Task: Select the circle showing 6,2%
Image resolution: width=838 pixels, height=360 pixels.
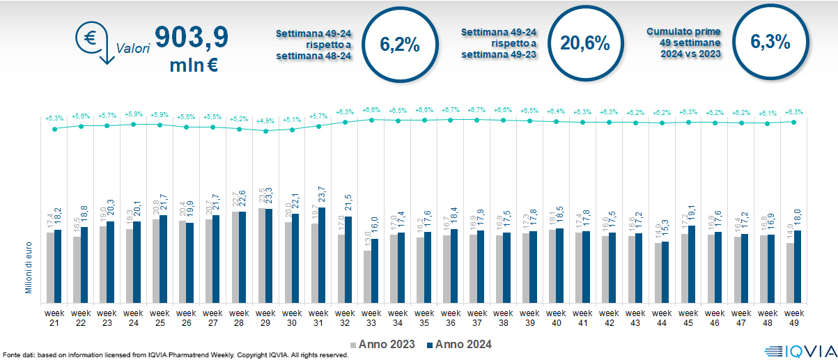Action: [399, 44]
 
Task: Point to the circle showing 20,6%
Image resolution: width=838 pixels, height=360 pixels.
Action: [585, 44]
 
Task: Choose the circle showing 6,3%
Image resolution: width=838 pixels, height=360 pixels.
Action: [770, 42]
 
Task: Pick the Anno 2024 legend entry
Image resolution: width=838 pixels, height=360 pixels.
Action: [460, 344]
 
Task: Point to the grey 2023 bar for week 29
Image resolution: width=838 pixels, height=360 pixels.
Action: [262, 253]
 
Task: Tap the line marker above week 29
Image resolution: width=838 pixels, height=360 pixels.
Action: [265, 130]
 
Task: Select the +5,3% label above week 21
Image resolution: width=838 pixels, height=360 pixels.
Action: [54, 117]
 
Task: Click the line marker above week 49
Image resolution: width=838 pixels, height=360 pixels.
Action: [794, 122]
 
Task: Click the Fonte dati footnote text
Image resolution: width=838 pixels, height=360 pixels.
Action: [174, 354]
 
